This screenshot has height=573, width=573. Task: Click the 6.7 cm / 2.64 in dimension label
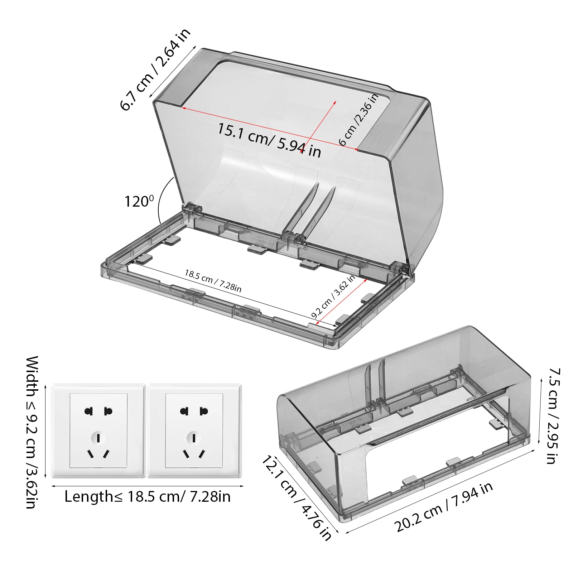(155, 69)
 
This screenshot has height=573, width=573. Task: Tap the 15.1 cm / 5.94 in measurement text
(269, 140)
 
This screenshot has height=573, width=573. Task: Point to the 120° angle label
(139, 201)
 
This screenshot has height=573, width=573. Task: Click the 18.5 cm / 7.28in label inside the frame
(213, 281)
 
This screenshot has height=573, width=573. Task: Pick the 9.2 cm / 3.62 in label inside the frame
(333, 297)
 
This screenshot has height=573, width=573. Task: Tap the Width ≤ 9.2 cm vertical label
(32, 432)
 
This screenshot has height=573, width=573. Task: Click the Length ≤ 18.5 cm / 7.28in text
(148, 497)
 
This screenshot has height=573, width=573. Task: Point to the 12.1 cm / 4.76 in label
(297, 497)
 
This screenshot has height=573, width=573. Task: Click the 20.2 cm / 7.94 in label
(443, 507)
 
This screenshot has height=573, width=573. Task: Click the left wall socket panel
(98, 431)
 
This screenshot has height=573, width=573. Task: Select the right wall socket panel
(194, 431)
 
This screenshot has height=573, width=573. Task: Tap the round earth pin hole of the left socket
(98, 438)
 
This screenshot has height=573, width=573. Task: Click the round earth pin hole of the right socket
(194, 438)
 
